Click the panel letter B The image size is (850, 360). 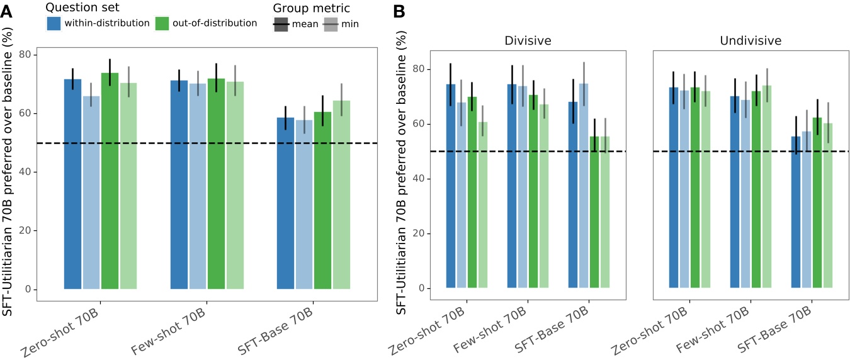click(399, 11)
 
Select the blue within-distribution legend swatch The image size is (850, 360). click(54, 24)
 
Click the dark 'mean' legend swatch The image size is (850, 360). click(281, 25)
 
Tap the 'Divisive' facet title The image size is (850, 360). click(528, 41)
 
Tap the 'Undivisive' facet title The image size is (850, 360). click(751, 41)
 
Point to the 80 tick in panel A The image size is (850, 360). click(26, 55)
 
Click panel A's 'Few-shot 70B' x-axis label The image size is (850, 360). click(168, 332)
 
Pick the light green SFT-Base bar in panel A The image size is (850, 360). click(341, 194)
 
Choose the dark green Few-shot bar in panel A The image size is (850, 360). click(216, 184)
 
